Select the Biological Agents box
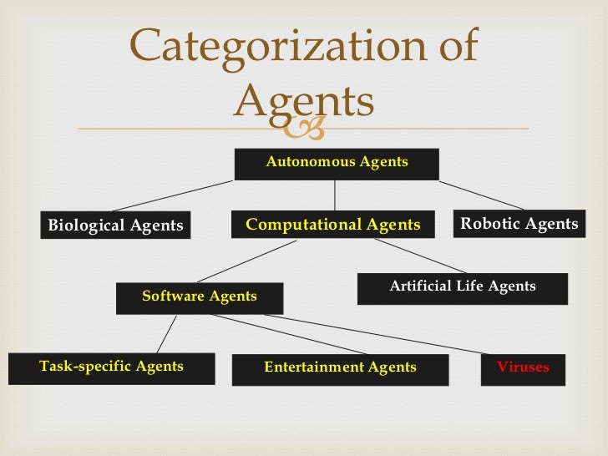tap(115, 225)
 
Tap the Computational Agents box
tap(334, 225)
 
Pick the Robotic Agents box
tap(519, 224)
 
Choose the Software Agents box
tap(200, 297)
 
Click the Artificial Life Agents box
tap(462, 287)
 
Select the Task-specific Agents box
tap(111, 367)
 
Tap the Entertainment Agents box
tap(340, 368)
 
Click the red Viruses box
tap(523, 368)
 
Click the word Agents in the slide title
tap(303, 102)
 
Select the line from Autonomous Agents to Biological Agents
tap(172, 195)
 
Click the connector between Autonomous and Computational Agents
tap(335, 195)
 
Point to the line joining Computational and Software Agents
tap(247, 261)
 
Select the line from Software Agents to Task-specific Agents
tap(166, 333)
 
